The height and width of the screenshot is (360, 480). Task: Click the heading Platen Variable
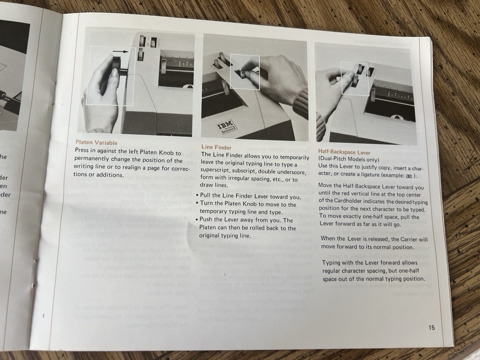96,142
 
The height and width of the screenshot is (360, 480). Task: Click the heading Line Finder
216,147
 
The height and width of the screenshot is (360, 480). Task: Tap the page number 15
432,328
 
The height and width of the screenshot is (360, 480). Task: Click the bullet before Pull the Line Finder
198,197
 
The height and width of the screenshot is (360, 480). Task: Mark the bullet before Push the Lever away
198,220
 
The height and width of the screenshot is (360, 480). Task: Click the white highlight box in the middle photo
245,72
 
